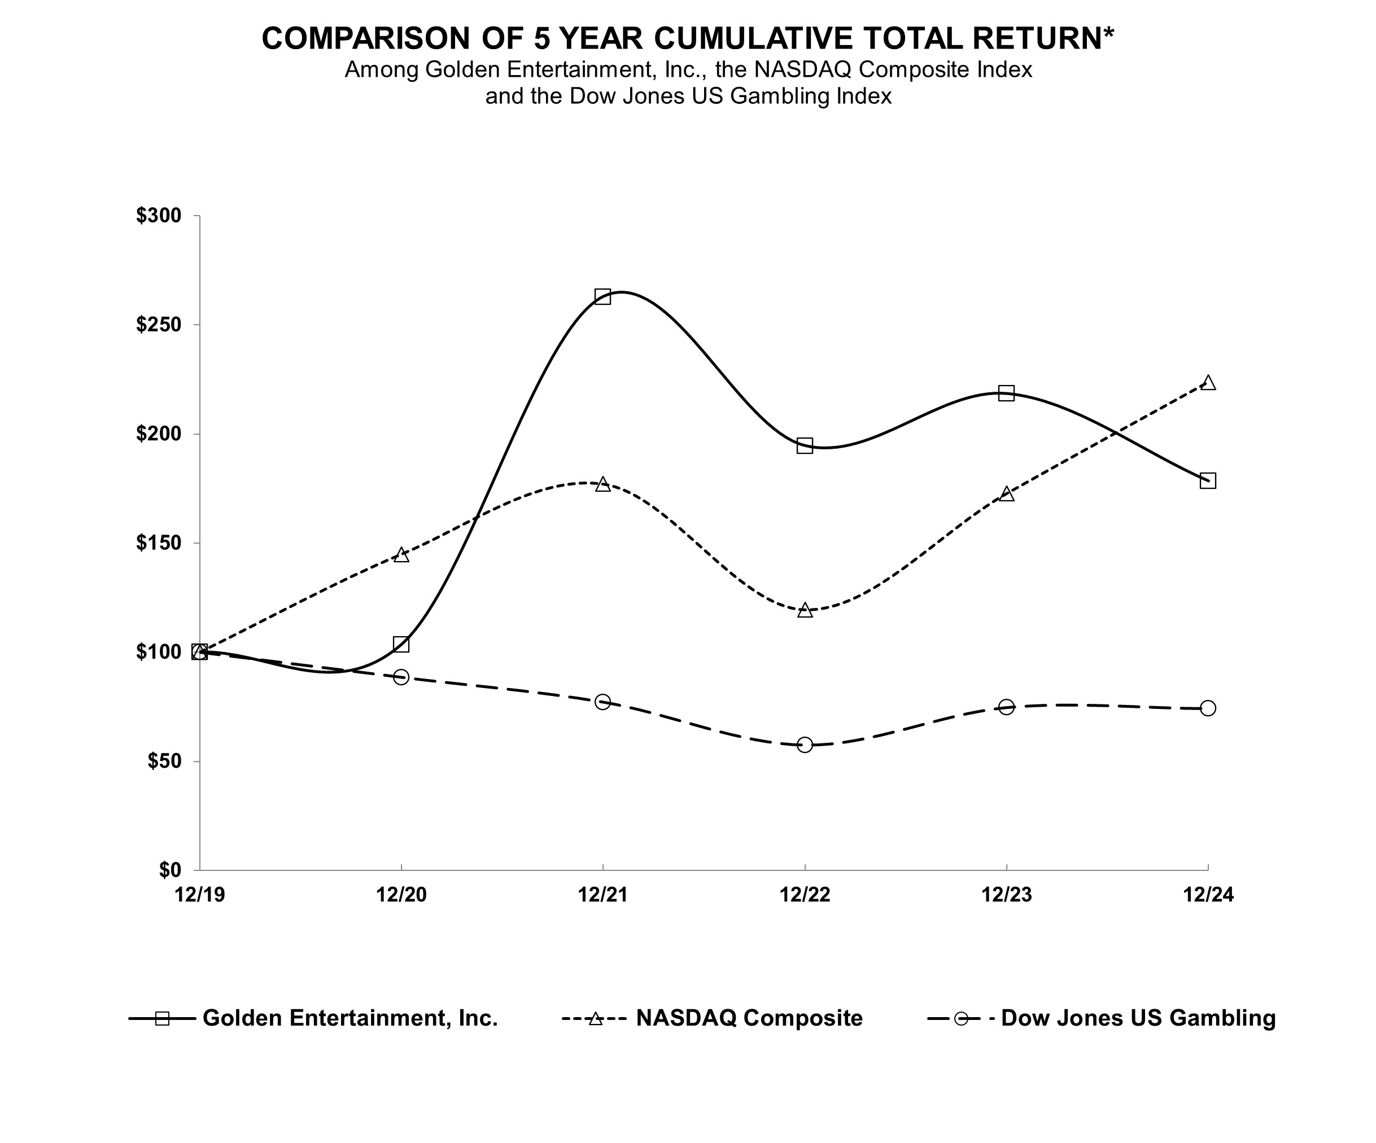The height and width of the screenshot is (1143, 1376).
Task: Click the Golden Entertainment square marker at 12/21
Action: (x=602, y=296)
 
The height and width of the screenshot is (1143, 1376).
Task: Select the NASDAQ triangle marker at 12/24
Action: (x=1208, y=383)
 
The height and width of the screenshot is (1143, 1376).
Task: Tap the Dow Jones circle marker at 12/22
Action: (x=805, y=745)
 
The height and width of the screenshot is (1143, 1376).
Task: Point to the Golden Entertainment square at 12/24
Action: (x=1208, y=481)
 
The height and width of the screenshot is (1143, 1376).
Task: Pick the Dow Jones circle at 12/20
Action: (x=401, y=677)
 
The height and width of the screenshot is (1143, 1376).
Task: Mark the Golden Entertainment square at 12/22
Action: (x=805, y=445)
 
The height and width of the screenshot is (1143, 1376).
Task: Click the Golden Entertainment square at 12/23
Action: (x=1006, y=393)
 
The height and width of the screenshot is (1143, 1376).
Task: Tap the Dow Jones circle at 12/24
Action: (x=1208, y=708)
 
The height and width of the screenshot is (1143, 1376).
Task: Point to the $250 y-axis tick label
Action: (x=158, y=325)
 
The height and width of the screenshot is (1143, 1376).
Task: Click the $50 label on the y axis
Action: (x=163, y=761)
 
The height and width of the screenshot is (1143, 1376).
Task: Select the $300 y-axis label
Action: (x=158, y=216)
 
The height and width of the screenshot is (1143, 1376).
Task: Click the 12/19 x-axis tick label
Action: (x=199, y=895)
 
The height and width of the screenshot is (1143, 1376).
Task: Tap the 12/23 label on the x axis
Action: (x=1006, y=895)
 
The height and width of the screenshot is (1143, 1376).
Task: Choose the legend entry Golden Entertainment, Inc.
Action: (x=350, y=1018)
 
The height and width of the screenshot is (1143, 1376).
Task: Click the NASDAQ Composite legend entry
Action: (x=749, y=1018)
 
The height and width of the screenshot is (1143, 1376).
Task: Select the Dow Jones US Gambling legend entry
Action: (x=1138, y=1018)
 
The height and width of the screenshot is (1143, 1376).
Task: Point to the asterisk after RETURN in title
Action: (x=1108, y=33)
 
